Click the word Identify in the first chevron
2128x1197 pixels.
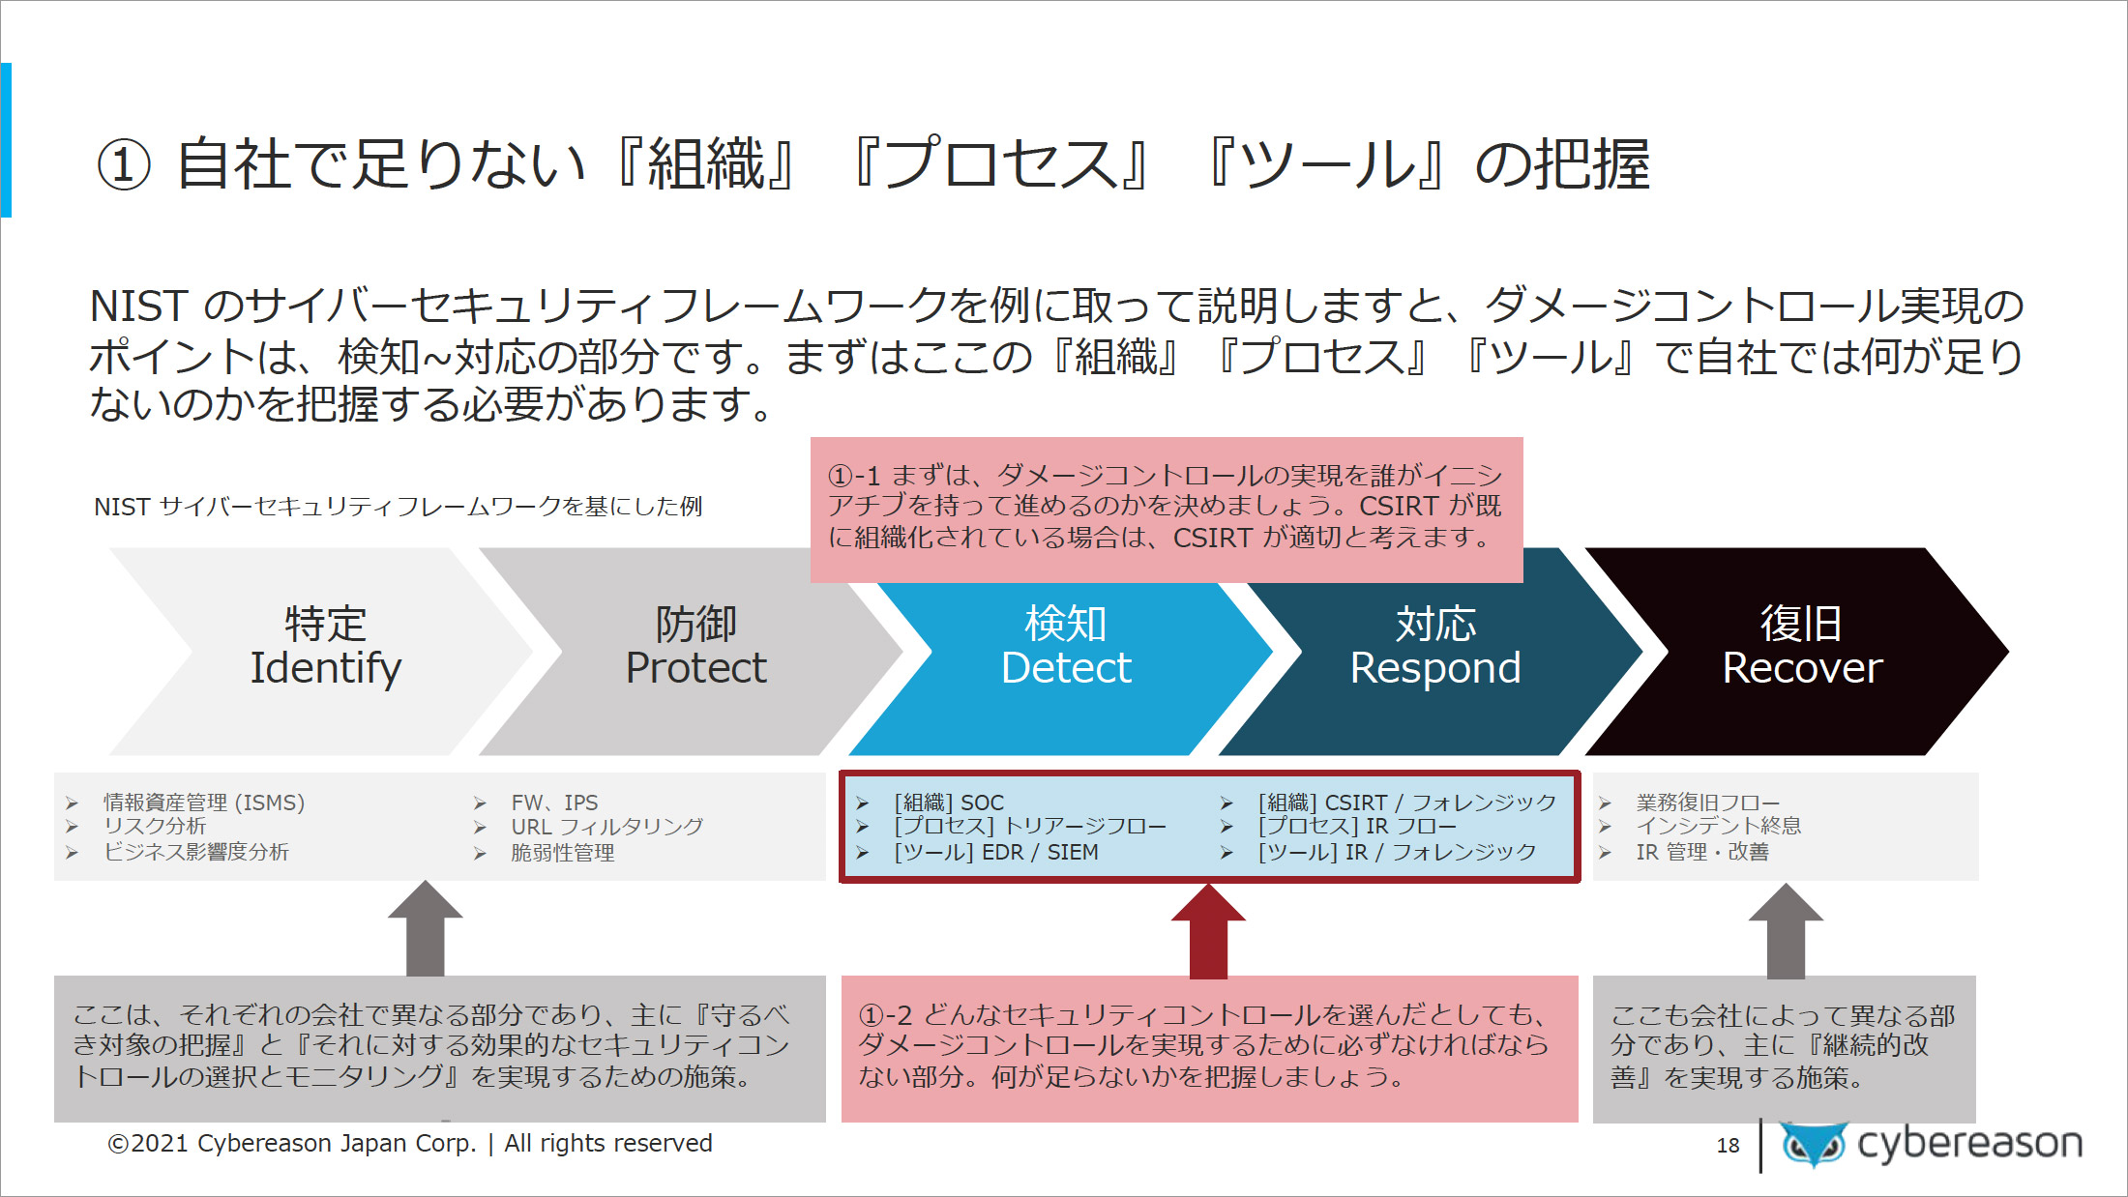(326, 668)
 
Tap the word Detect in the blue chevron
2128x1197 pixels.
(1066, 668)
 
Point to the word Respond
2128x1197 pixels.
(1435, 668)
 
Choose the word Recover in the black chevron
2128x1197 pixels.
(1803, 668)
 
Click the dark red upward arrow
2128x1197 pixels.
(1208, 930)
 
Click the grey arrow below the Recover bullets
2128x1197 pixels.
(1786, 930)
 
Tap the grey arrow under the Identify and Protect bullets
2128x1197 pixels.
(426, 928)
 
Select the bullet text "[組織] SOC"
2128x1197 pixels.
(949, 803)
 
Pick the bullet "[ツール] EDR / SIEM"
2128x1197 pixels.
(996, 852)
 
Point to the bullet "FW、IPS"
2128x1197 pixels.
(554, 803)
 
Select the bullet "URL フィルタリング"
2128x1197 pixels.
(606, 827)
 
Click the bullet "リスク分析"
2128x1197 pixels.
(155, 826)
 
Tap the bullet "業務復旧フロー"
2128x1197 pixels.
(1708, 803)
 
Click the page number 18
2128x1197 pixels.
(1728, 1146)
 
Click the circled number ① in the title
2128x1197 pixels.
(124, 165)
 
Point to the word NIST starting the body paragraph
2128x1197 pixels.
(138, 307)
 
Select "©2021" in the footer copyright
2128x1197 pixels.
(148, 1144)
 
